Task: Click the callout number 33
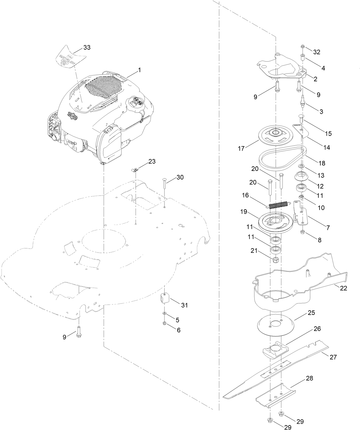point(87,48)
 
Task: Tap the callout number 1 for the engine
point(140,70)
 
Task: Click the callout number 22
point(343,288)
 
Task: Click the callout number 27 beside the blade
point(333,357)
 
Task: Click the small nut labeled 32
point(302,47)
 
